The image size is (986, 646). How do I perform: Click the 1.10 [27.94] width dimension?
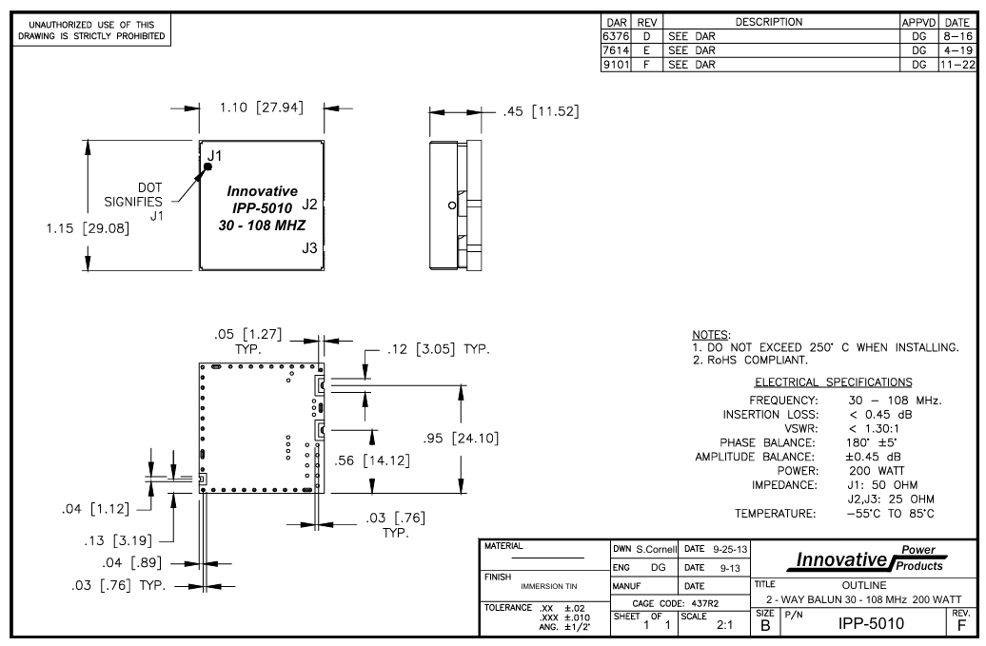coord(261,108)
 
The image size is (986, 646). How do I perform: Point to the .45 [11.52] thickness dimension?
coord(539,112)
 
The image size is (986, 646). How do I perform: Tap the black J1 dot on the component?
coord(207,166)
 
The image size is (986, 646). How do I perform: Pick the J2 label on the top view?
coord(309,204)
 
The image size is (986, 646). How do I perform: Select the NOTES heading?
coord(711,336)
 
